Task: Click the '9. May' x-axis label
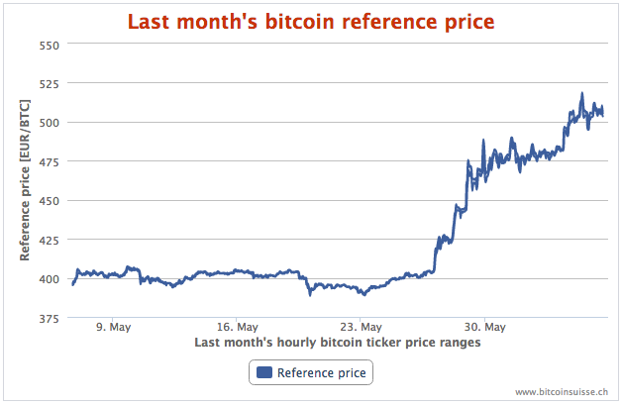pos(113,327)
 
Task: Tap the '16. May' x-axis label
pos(237,327)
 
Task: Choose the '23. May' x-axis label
pos(361,327)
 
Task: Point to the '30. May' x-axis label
pos(484,327)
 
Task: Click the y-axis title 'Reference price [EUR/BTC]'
pos(24,181)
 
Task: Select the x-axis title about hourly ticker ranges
pos(338,343)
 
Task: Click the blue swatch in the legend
pos(264,373)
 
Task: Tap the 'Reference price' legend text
pos(322,373)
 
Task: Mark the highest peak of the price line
pos(581,94)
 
